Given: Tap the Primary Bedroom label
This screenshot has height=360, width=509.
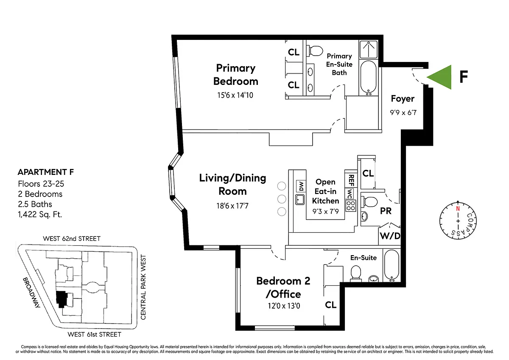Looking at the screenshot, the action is tap(236, 75).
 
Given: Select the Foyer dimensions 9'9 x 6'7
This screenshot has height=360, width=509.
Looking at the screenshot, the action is tap(403, 112).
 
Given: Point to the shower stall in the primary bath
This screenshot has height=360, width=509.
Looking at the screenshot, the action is tap(369, 49).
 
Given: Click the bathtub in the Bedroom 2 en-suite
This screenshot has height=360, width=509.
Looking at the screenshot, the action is tap(392, 265).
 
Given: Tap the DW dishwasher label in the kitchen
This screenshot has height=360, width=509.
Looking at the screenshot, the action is tap(301, 186).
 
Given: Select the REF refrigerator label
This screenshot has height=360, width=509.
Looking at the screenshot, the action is tap(351, 180).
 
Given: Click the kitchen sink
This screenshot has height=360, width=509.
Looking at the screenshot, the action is tap(300, 200).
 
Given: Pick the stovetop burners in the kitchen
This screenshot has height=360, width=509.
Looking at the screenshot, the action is tap(351, 206).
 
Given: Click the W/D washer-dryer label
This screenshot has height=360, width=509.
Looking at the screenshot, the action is tap(390, 236).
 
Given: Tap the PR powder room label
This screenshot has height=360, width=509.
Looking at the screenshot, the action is tap(386, 211).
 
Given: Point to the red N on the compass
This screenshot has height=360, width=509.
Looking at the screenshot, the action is tap(458, 208).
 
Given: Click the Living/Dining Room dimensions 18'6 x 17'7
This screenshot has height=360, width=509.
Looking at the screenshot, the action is tap(232, 206).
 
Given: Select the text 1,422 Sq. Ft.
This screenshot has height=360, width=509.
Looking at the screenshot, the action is tap(40, 214).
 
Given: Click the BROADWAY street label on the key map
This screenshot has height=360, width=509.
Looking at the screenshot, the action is tap(31, 292).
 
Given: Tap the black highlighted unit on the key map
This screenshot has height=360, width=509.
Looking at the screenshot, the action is tap(61, 299).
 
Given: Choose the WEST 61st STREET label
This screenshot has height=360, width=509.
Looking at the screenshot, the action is tap(94, 334).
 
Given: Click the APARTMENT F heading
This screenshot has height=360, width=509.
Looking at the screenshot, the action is tap(46, 172).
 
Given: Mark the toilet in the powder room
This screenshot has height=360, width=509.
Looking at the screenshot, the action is tap(369, 202).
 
